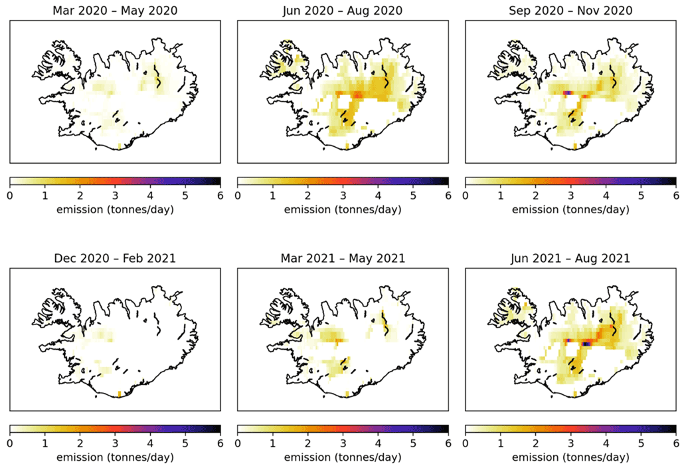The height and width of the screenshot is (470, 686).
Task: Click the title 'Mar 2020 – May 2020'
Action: point(115,10)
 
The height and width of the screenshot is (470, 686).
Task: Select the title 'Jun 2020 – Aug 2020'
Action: point(343,10)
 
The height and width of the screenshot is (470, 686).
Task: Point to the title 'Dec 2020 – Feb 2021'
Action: point(115,258)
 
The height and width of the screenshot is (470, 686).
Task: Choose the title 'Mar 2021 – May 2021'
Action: point(343,258)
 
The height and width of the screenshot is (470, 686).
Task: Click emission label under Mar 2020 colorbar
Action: point(115,210)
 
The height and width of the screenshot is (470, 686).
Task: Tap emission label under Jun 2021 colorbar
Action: point(570,457)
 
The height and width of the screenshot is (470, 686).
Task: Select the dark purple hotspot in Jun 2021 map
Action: point(586,344)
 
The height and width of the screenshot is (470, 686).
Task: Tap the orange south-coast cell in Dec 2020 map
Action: point(119,394)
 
